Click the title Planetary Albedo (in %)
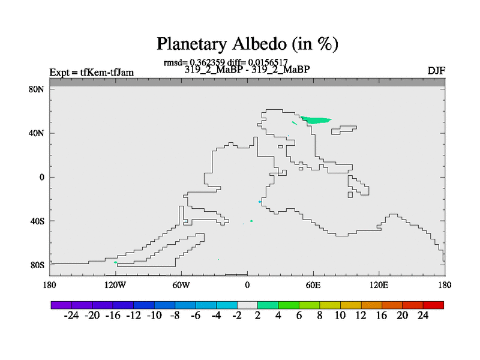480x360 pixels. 247,44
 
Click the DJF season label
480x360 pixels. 436,71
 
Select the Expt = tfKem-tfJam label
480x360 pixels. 92,73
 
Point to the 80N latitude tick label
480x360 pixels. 37,89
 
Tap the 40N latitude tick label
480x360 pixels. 37,133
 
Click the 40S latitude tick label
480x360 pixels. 37,221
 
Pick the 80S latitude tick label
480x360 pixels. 37,265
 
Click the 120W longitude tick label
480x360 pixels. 115,286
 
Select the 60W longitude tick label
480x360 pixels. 181,286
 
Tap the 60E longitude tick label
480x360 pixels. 313,286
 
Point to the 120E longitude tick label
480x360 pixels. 379,286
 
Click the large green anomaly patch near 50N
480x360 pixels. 316,120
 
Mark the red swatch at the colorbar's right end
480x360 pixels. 433,305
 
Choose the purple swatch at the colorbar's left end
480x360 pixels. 61,305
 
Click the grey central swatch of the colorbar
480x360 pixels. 247,305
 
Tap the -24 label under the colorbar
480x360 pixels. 71,316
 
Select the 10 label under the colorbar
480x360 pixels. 340,316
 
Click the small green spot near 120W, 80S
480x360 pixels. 115,262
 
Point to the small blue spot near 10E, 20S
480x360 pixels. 260,202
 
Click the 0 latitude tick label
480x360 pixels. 41,177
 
